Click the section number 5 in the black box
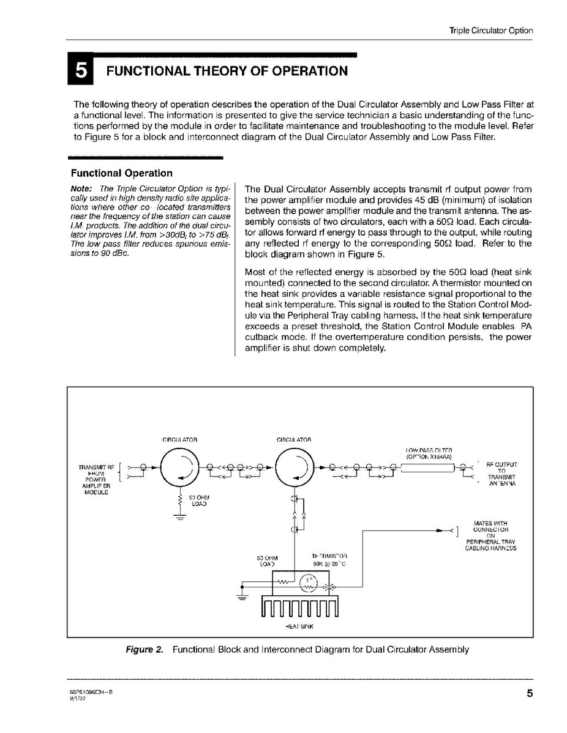81,71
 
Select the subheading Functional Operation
122,173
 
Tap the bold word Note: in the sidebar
81,188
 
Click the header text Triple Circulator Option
491,31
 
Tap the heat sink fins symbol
299,608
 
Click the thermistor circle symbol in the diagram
308,586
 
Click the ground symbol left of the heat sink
244,593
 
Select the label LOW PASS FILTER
429,450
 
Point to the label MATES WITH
490,523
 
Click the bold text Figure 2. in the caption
145,650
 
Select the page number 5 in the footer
528,693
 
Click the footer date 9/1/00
77,697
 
